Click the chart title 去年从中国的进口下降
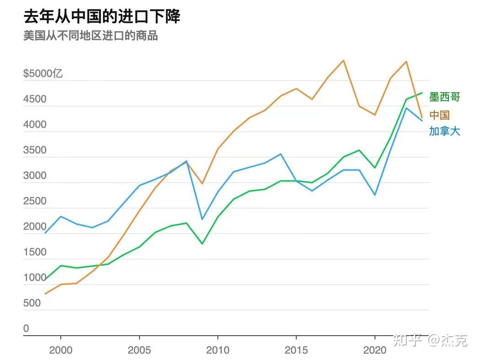[102, 17]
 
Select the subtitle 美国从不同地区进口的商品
[91, 36]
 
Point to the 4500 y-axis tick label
[35, 99]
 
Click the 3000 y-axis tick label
[35, 176]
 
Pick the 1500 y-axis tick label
[35, 252]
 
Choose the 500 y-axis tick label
[32, 303]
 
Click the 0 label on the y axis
[26, 328]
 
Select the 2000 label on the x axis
[61, 350]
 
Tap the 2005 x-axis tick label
[139, 350]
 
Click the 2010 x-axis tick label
[218, 350]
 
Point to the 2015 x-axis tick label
[296, 350]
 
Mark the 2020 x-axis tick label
[375, 350]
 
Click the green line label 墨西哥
[444, 97]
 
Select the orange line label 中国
[439, 115]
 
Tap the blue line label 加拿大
[444, 132]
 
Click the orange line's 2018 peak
[343, 60]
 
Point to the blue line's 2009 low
[202, 219]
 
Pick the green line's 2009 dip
[202, 244]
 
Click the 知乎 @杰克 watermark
[430, 340]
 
